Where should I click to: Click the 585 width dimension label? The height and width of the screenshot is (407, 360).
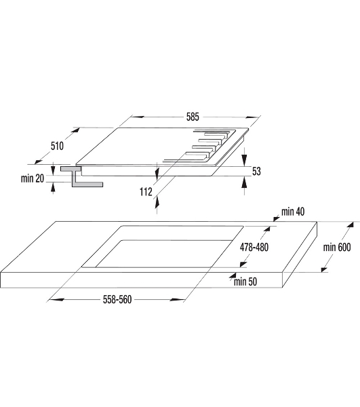pyautogui.click(x=193, y=117)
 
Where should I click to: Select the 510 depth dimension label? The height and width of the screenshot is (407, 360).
pyautogui.click(x=57, y=146)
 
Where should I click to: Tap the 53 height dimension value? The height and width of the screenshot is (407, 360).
pyautogui.click(x=256, y=172)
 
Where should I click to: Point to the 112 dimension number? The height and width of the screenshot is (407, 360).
pyautogui.click(x=146, y=192)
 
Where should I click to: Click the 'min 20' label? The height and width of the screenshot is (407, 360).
pyautogui.click(x=33, y=178)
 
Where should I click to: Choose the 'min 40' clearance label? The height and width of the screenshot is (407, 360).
pyautogui.click(x=293, y=212)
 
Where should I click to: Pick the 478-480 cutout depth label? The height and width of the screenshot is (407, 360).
pyautogui.click(x=254, y=247)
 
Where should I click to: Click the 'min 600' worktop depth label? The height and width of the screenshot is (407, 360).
pyautogui.click(x=337, y=247)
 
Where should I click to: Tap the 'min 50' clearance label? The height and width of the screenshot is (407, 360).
pyautogui.click(x=245, y=282)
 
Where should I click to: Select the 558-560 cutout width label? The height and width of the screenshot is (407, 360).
pyautogui.click(x=117, y=299)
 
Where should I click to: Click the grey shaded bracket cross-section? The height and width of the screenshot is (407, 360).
pyautogui.click(x=79, y=176)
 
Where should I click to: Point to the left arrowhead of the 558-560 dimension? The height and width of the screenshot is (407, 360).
pyautogui.click(x=56, y=300)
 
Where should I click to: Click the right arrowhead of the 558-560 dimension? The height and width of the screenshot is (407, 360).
pyautogui.click(x=177, y=300)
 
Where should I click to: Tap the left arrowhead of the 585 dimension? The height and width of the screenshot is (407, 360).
pyautogui.click(x=137, y=117)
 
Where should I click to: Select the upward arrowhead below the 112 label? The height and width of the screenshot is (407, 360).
pyautogui.click(x=157, y=201)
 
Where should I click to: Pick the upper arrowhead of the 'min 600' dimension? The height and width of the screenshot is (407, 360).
pyautogui.click(x=350, y=225)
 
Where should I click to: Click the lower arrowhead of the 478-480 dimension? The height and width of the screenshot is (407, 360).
pyautogui.click(x=243, y=264)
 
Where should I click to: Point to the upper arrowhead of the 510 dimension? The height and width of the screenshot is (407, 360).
pyautogui.click(x=75, y=130)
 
